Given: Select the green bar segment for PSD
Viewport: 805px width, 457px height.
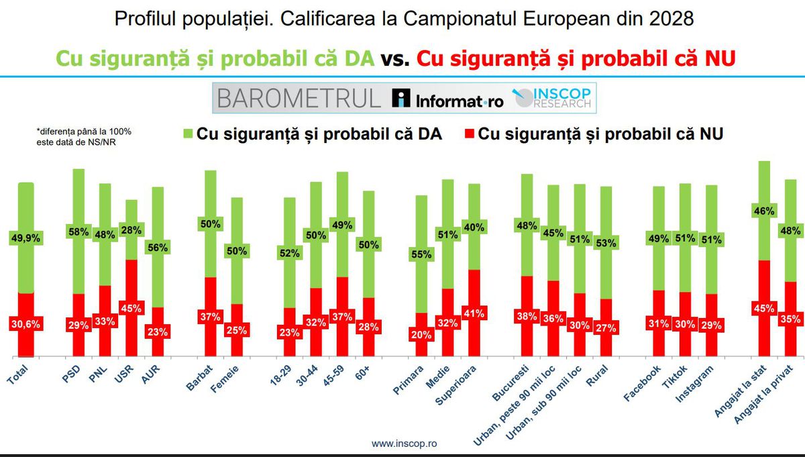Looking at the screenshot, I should click(x=78, y=201).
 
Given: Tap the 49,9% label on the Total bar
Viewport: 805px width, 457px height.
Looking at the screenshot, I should click(x=25, y=238).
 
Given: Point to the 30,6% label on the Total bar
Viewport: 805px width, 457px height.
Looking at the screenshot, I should click(x=25, y=323).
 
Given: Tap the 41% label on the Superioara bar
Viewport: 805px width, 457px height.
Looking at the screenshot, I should click(x=474, y=313).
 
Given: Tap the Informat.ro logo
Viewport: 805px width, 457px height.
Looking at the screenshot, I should click(x=447, y=100).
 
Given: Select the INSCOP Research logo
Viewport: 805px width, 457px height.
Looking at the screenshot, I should click(x=553, y=98).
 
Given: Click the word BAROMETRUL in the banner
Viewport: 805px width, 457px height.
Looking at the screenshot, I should click(x=299, y=99).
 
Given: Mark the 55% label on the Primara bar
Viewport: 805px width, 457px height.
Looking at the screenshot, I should click(x=421, y=256).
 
